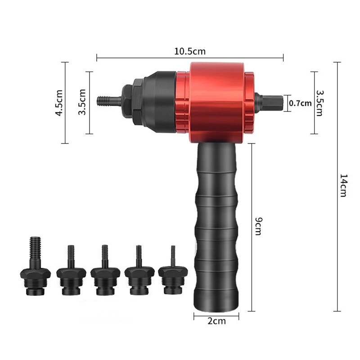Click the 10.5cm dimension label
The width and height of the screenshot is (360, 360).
pos(190,51)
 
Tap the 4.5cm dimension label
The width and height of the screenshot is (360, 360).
pos(59,103)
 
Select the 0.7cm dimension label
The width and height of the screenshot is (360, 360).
pos(300,103)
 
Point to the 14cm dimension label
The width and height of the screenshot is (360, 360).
pos(344,185)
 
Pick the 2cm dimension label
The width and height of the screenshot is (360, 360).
pos(216,321)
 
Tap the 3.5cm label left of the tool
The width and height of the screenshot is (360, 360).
pos(82,102)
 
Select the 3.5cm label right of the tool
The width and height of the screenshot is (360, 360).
pos(320,103)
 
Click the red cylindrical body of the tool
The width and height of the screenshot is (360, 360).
pos(217,103)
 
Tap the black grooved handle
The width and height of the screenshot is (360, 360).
pos(216,226)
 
